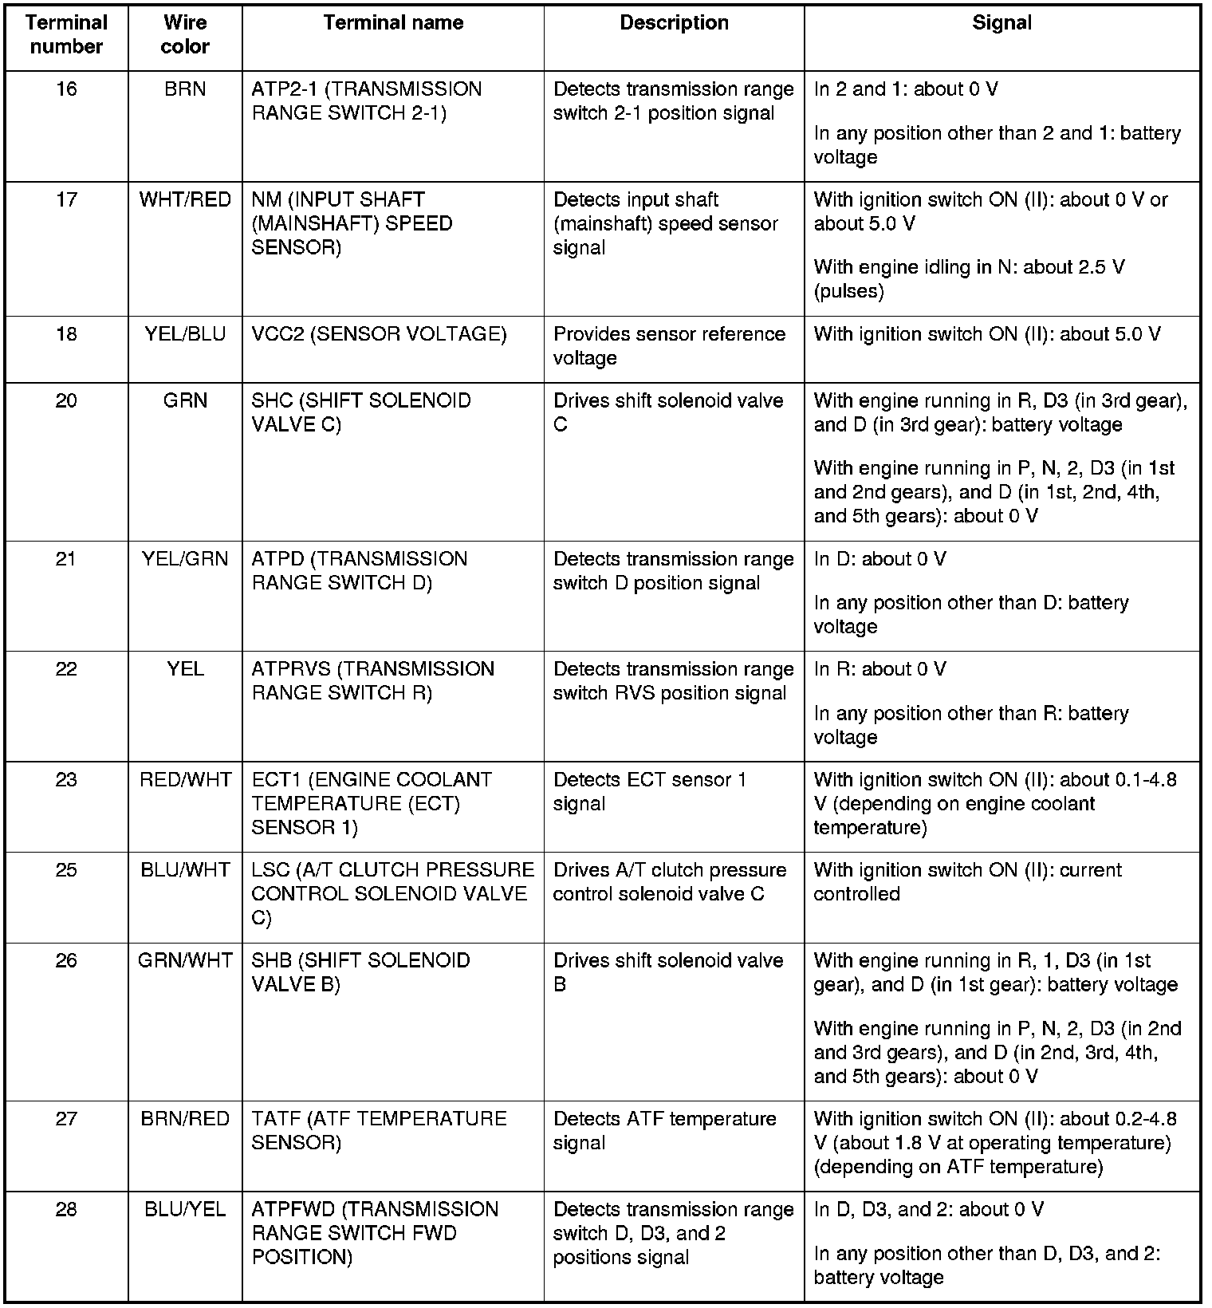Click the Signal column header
[1001, 23]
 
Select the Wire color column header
[185, 35]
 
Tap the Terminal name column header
[393, 23]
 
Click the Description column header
[674, 23]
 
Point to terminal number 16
[66, 89]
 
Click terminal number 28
[66, 1210]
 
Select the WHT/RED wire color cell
[185, 199]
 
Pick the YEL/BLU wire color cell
[185, 334]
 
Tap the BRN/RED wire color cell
[185, 1119]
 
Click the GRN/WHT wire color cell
[185, 960]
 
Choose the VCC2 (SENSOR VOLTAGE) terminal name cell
[379, 334]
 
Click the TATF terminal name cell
[379, 1131]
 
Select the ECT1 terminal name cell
[372, 803]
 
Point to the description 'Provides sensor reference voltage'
[669, 346]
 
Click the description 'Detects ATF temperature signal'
[664, 1131]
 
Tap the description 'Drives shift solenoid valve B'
[668, 972]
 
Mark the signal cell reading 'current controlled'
[967, 882]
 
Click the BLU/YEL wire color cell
[185, 1210]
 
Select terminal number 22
[66, 669]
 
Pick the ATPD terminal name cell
[360, 571]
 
